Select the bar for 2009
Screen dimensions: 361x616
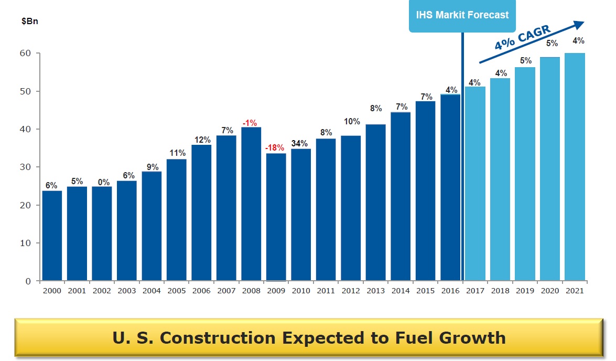(x=276, y=217)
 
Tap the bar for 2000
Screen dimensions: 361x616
(x=52, y=236)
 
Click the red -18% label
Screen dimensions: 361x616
(x=274, y=147)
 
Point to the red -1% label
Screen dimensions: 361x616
(x=250, y=122)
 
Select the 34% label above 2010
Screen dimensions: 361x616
(x=300, y=143)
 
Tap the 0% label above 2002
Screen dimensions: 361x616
(x=103, y=182)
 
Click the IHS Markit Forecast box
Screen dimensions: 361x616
(x=462, y=15)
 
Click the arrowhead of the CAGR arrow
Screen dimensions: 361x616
(x=578, y=25)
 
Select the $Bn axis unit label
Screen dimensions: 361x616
(x=29, y=22)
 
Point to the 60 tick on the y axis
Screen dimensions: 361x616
(x=26, y=54)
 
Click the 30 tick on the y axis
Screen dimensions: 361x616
(x=26, y=167)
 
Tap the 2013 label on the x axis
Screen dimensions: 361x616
(x=375, y=291)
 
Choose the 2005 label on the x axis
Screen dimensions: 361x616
(x=176, y=291)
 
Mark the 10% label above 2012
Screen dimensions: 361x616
(x=352, y=122)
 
